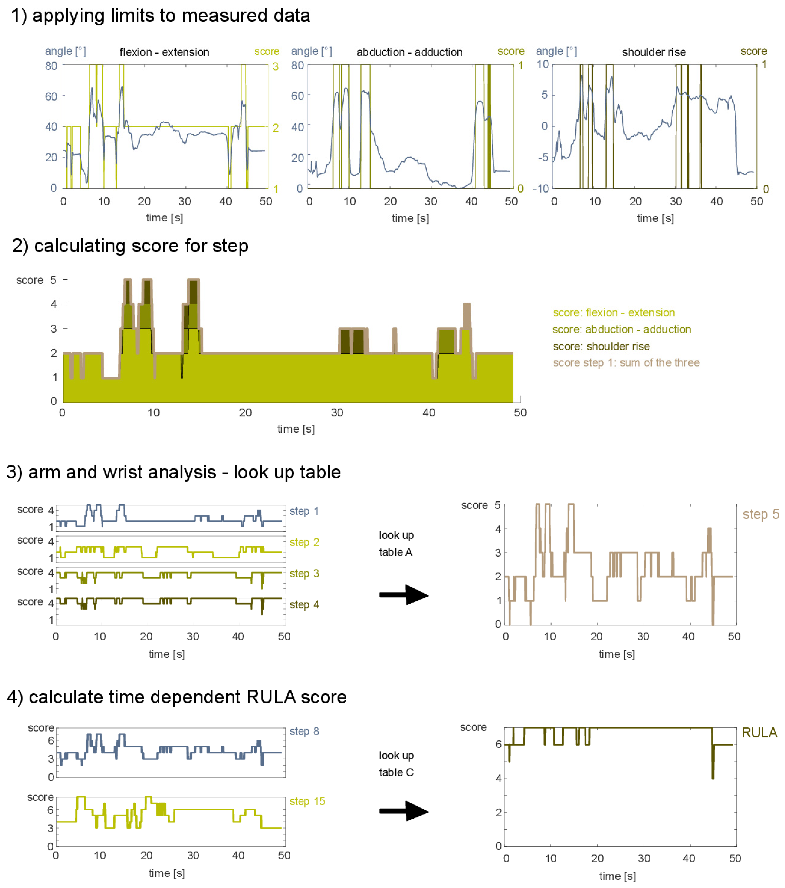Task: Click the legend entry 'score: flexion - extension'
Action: point(613,313)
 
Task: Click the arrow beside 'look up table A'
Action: point(403,595)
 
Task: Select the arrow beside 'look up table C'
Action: point(403,811)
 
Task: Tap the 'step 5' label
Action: point(760,514)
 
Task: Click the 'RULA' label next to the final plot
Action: point(759,733)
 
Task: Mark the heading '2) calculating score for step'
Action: point(130,246)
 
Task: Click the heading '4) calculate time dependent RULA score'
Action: point(176,697)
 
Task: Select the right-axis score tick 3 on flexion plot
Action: point(275,67)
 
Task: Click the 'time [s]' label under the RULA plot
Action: point(617,876)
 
